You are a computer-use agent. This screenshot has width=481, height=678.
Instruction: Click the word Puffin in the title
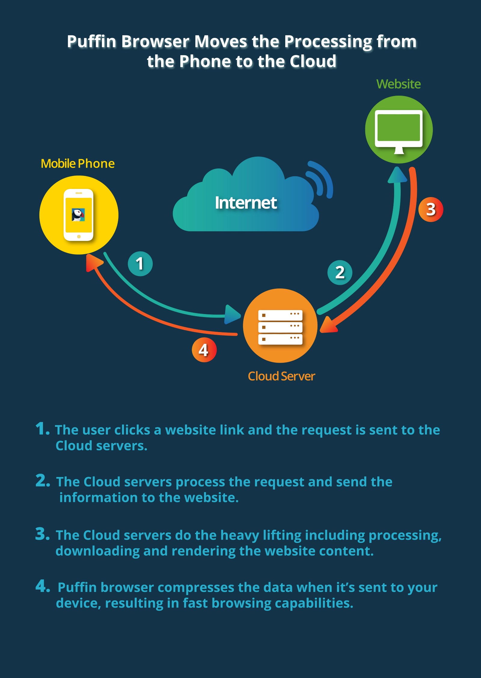[x=92, y=42]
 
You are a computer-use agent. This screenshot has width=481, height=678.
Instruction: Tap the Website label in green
[x=398, y=84]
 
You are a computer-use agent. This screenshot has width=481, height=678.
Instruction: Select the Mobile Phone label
[x=78, y=164]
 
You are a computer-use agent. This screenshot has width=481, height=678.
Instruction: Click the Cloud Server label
[x=281, y=376]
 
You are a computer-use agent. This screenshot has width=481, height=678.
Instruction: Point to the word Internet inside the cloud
[x=246, y=203]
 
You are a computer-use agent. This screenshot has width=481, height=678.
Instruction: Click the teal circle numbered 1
[x=140, y=264]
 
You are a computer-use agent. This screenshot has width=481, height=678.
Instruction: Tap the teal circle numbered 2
[x=340, y=273]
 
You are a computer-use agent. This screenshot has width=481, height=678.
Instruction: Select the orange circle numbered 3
[x=431, y=209]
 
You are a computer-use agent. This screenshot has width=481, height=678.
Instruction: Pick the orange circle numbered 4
[x=204, y=350]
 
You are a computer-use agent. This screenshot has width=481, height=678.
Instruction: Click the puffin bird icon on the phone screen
[x=78, y=215]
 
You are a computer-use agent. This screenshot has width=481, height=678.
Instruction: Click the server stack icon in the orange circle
[x=280, y=327]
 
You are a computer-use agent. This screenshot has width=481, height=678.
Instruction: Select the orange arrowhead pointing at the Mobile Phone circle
[x=94, y=262]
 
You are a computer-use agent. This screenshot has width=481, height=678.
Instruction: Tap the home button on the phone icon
[x=79, y=237]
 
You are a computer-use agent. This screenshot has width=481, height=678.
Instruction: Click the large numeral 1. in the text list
[x=42, y=429]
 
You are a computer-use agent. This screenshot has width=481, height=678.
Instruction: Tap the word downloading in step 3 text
[x=97, y=551]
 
